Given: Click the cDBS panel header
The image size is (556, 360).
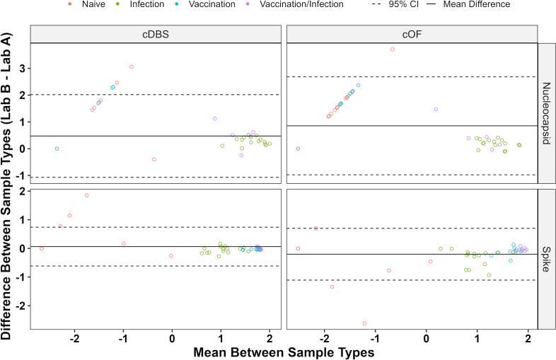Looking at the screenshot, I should (156, 34).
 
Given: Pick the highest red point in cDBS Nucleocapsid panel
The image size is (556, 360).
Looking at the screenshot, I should (132, 66).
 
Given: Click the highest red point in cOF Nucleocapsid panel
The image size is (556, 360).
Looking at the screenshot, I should (393, 49).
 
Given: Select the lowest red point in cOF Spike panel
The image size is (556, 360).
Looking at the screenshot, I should (364, 323).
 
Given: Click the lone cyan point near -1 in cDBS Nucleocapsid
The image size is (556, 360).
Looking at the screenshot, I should (57, 149).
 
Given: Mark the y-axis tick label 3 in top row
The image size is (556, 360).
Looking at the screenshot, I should (23, 69).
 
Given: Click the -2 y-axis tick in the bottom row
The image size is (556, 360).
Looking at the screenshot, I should (21, 306).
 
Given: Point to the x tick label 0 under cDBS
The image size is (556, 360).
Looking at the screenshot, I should (172, 337).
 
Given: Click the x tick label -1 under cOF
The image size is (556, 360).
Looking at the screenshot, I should (373, 337).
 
